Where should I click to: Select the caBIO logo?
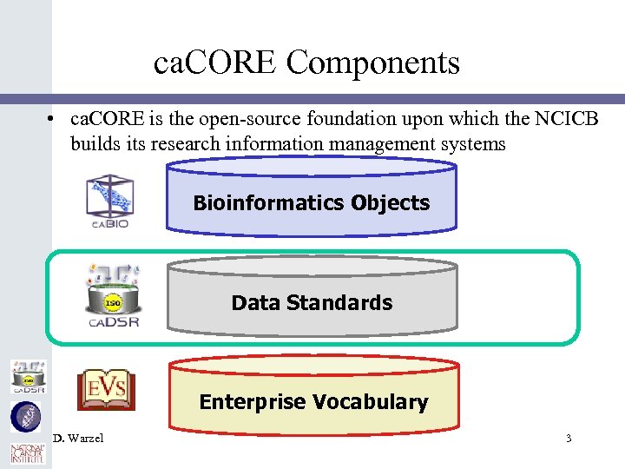coord(109,201)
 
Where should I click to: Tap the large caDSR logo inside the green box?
coord(112,296)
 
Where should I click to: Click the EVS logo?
coord(106,389)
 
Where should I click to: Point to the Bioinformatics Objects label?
coord(312,203)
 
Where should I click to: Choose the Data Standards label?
coord(312,303)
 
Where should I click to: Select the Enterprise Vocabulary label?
coord(313,402)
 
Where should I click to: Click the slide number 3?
coord(569,439)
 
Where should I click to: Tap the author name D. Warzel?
coord(78,438)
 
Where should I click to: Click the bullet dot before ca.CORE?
coord(53,119)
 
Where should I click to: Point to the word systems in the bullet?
coord(474,143)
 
